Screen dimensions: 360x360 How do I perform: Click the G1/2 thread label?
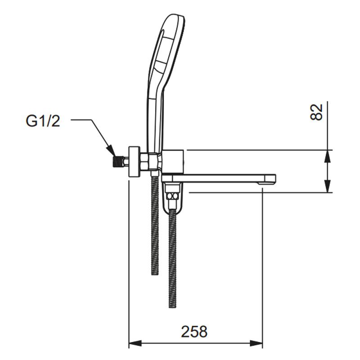click(43, 121)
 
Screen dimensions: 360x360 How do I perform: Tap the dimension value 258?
click(194, 332)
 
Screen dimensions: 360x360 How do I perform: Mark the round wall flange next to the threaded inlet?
click(134, 162)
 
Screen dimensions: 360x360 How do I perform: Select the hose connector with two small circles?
click(172, 196)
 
